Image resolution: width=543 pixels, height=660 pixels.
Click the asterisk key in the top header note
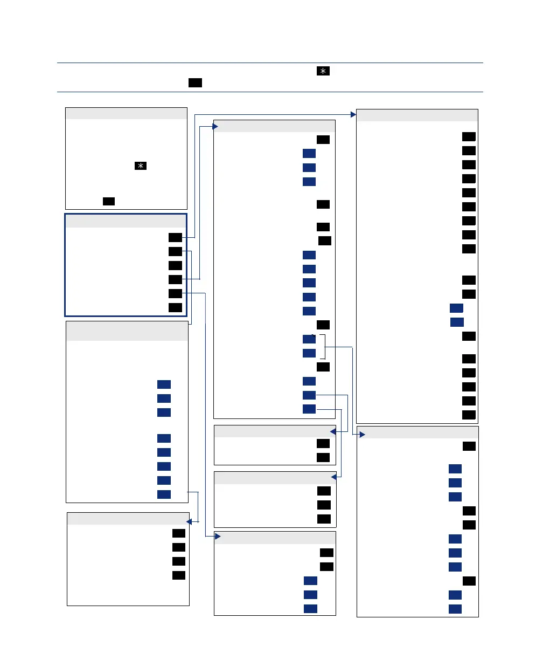tap(323, 72)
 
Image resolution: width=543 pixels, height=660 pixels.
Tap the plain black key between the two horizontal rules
tap(195, 82)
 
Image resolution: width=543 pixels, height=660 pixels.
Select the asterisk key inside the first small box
tap(140, 167)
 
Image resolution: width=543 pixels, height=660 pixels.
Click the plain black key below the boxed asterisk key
tap(109, 201)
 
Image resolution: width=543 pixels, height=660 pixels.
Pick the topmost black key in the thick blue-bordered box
tap(175, 237)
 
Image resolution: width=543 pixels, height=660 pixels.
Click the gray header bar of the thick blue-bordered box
tap(126, 221)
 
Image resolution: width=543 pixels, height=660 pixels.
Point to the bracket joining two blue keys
tap(323, 346)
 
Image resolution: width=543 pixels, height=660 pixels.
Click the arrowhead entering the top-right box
tap(353, 114)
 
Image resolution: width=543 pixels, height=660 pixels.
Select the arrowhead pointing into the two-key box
tap(333, 432)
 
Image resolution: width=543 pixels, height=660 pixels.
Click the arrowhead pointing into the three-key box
tap(333, 477)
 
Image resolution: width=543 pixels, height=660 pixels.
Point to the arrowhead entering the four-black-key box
tap(189, 522)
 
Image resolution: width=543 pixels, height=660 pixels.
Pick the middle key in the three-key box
tap(324, 505)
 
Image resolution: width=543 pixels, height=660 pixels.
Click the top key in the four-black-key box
tap(179, 533)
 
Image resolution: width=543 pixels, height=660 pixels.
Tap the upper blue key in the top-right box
tap(456, 308)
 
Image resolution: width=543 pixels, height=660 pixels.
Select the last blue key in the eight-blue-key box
tap(164, 494)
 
